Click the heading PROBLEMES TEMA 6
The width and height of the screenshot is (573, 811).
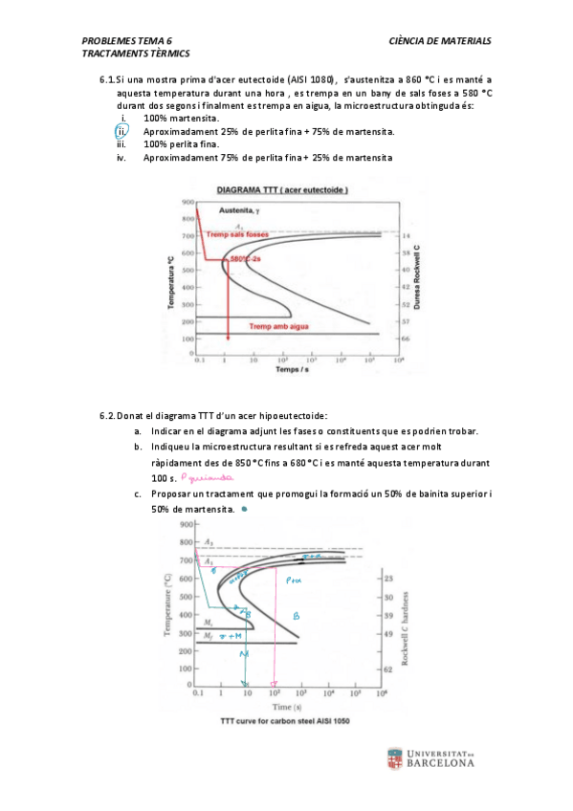tap(127, 41)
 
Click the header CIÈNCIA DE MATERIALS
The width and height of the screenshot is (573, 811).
tap(440, 41)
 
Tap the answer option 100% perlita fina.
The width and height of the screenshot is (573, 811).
tap(181, 144)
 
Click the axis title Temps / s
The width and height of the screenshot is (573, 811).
tap(291, 368)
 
